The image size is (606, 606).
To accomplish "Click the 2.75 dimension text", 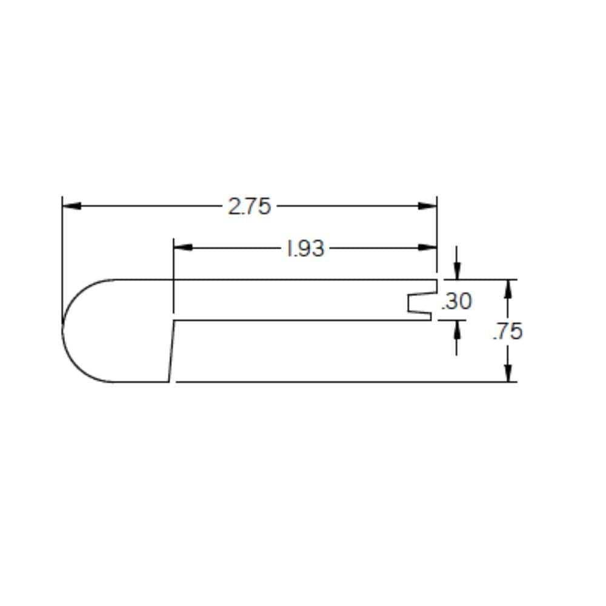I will tap(248, 207).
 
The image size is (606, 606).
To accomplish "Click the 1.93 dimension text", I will tap(305, 248).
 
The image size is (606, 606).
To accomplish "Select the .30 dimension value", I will tap(456, 301).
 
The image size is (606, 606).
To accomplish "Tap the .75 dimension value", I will tap(507, 331).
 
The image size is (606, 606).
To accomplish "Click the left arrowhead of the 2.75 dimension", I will tap(71, 206).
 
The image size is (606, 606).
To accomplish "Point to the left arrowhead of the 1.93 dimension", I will tap(182, 247).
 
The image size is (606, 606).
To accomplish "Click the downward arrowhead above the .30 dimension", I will tap(456, 271).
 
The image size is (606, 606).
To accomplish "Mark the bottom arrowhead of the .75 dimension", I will tap(508, 373).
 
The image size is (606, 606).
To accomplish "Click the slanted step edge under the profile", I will tap(171, 351).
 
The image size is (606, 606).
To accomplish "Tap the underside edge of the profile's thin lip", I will tap(303, 320).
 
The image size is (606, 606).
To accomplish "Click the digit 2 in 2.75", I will tap(235, 207).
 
